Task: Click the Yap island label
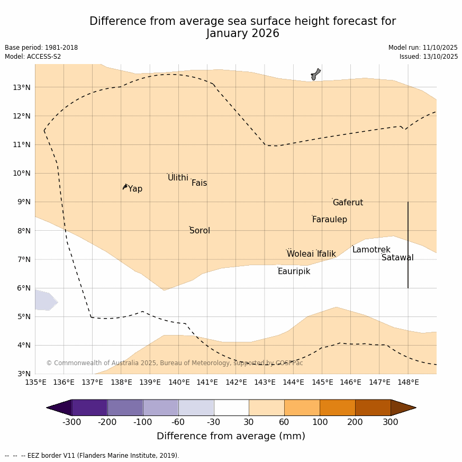click(135, 189)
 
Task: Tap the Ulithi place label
click(178, 178)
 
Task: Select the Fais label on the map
click(199, 183)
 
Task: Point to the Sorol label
click(200, 231)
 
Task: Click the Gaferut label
click(348, 203)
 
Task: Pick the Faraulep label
click(329, 220)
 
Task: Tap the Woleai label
click(300, 254)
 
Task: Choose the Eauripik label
click(294, 271)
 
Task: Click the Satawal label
click(397, 258)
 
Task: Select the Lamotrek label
click(371, 250)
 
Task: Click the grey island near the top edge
click(315, 74)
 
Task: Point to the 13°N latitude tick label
click(21, 87)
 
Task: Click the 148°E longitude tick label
click(408, 382)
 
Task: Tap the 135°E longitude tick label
click(35, 382)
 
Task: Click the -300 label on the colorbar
click(71, 422)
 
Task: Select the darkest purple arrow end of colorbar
click(59, 407)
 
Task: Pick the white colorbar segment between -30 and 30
click(231, 407)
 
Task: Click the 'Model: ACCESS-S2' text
click(33, 57)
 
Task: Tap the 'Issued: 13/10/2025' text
click(429, 57)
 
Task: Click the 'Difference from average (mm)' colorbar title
click(231, 437)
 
